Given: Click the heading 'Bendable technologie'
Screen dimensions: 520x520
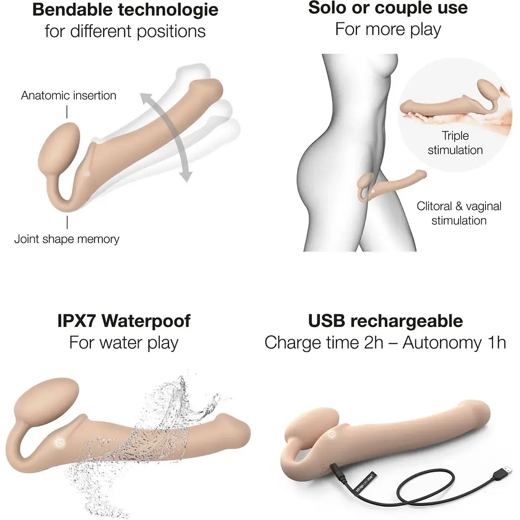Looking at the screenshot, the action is (x=125, y=10).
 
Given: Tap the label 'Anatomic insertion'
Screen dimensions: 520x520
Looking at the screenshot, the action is (x=69, y=95).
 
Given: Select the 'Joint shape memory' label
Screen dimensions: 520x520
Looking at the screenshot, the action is (x=67, y=239).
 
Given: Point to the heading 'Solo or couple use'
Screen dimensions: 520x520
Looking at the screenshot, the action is (x=388, y=8).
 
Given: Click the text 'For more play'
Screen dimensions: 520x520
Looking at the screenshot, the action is (x=388, y=29).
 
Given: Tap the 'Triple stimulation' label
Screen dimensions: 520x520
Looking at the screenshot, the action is (x=455, y=143).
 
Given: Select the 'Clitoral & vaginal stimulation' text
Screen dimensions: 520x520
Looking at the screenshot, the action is (x=459, y=213).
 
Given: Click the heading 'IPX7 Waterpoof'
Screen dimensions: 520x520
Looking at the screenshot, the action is (x=124, y=321).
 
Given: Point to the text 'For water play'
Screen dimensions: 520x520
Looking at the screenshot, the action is (x=124, y=343).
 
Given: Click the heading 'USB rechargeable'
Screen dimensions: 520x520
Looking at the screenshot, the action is (x=385, y=321).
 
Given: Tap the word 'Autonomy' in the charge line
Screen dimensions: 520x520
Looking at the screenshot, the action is (x=442, y=343).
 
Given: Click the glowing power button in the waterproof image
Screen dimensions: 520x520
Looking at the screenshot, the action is (x=60, y=443).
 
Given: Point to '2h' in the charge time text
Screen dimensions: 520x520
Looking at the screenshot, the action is (x=373, y=343).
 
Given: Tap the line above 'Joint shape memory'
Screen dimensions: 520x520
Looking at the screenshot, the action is (x=67, y=222).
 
